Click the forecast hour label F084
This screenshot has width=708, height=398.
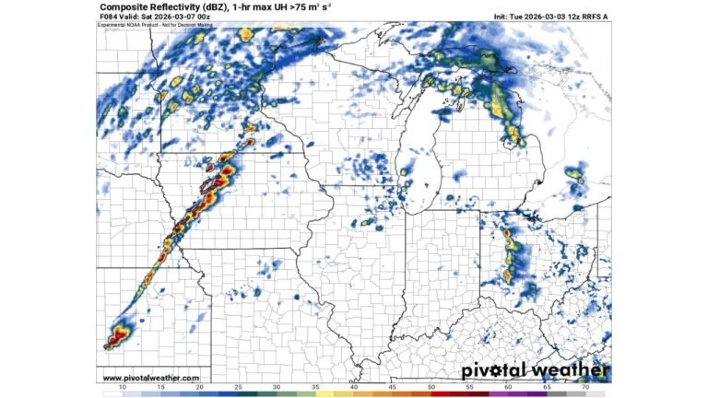[x=109, y=17]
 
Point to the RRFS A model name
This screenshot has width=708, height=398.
[x=596, y=17]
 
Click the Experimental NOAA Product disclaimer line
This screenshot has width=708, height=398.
[x=144, y=24]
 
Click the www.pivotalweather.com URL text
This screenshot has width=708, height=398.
[x=150, y=378]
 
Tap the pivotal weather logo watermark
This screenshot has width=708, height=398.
[x=535, y=371]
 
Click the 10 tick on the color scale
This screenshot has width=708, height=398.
[x=123, y=389]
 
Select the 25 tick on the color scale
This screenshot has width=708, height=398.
[x=238, y=389]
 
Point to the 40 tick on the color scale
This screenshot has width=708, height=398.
[x=354, y=389]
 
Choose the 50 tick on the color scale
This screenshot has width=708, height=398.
[x=431, y=389]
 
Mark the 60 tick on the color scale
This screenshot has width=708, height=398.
[x=509, y=389]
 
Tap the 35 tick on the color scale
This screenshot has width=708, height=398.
[x=315, y=389]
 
